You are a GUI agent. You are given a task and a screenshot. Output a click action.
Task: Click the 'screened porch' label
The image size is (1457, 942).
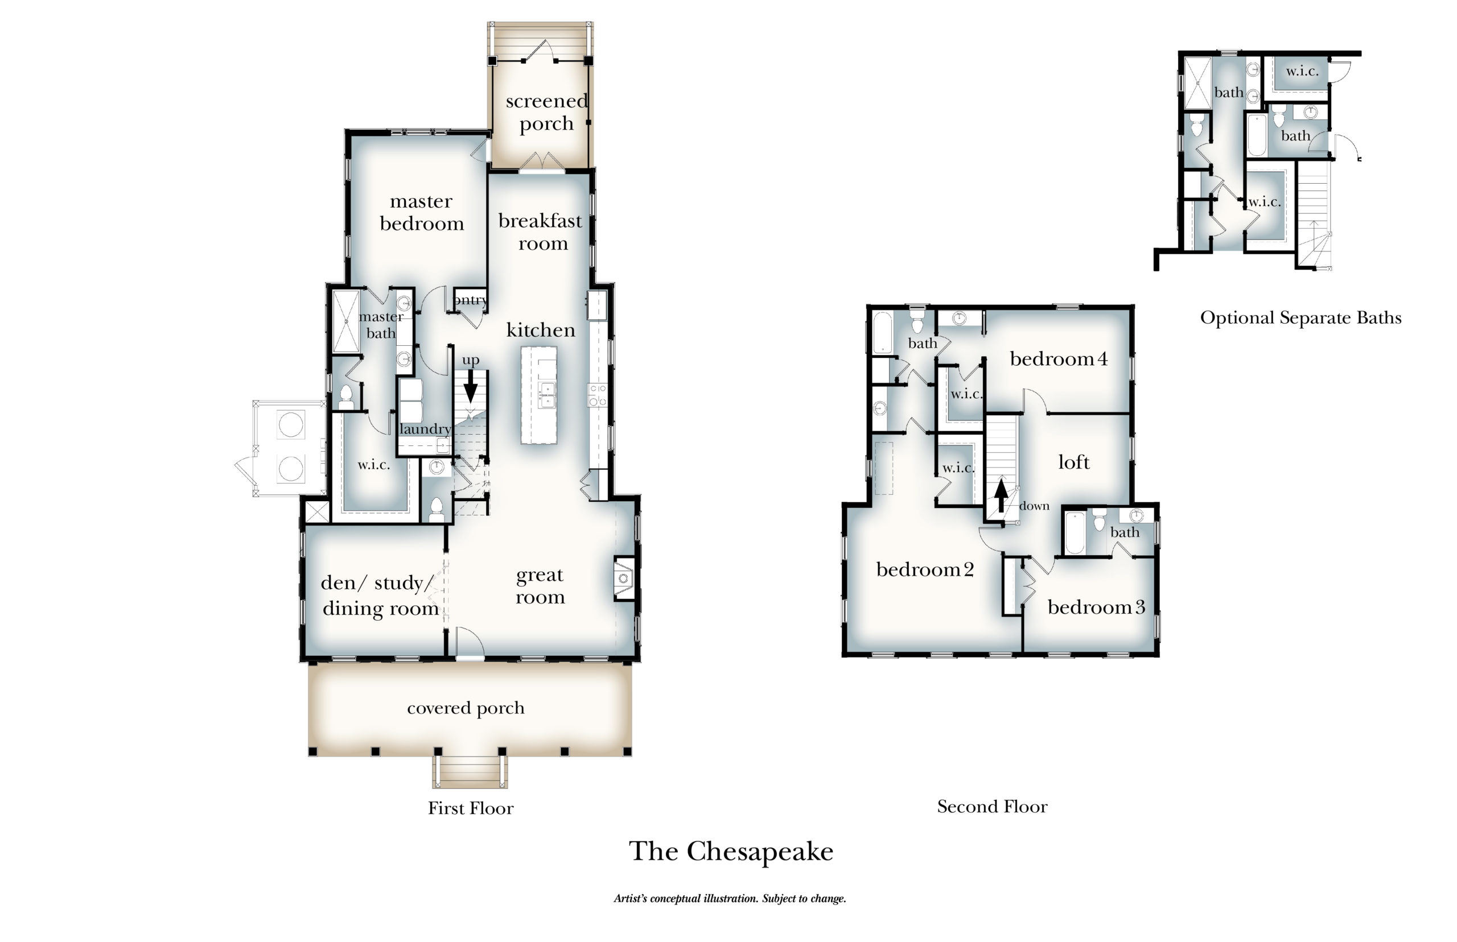[x=546, y=112]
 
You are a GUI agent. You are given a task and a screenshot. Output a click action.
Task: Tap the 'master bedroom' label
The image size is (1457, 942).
[x=422, y=212]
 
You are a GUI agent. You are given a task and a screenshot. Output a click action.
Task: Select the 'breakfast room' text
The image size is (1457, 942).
[x=540, y=232]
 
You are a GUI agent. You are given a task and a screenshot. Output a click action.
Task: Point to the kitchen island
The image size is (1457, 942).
[x=538, y=395]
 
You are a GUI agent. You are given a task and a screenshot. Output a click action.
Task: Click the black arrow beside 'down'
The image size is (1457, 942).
[x=1001, y=495]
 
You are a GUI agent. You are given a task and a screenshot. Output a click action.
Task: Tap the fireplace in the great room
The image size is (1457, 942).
[x=624, y=578]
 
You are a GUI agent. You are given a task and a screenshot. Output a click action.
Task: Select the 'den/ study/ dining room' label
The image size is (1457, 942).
[x=380, y=595]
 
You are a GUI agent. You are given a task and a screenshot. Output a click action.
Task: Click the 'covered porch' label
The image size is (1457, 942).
[x=466, y=708]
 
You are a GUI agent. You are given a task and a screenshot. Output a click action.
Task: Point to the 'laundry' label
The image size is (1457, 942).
[x=425, y=429]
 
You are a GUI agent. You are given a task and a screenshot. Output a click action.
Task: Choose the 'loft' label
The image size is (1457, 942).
[x=1073, y=462]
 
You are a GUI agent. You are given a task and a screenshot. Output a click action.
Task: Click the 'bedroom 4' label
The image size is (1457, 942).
[x=1058, y=358]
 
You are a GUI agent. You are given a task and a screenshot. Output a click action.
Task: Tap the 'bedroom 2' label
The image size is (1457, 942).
[x=924, y=569]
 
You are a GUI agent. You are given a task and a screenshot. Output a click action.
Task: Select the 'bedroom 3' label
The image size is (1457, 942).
[x=1096, y=607]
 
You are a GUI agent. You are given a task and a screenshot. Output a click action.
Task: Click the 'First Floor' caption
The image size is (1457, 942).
[x=471, y=808]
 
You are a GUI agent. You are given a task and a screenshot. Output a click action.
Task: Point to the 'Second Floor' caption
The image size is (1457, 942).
[x=992, y=806]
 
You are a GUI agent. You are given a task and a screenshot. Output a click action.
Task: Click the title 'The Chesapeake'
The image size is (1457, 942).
[x=731, y=852]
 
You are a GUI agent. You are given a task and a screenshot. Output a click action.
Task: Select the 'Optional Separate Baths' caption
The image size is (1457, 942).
[x=1300, y=317]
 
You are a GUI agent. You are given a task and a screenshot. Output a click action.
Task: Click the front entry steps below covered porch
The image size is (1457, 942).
[x=470, y=771]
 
